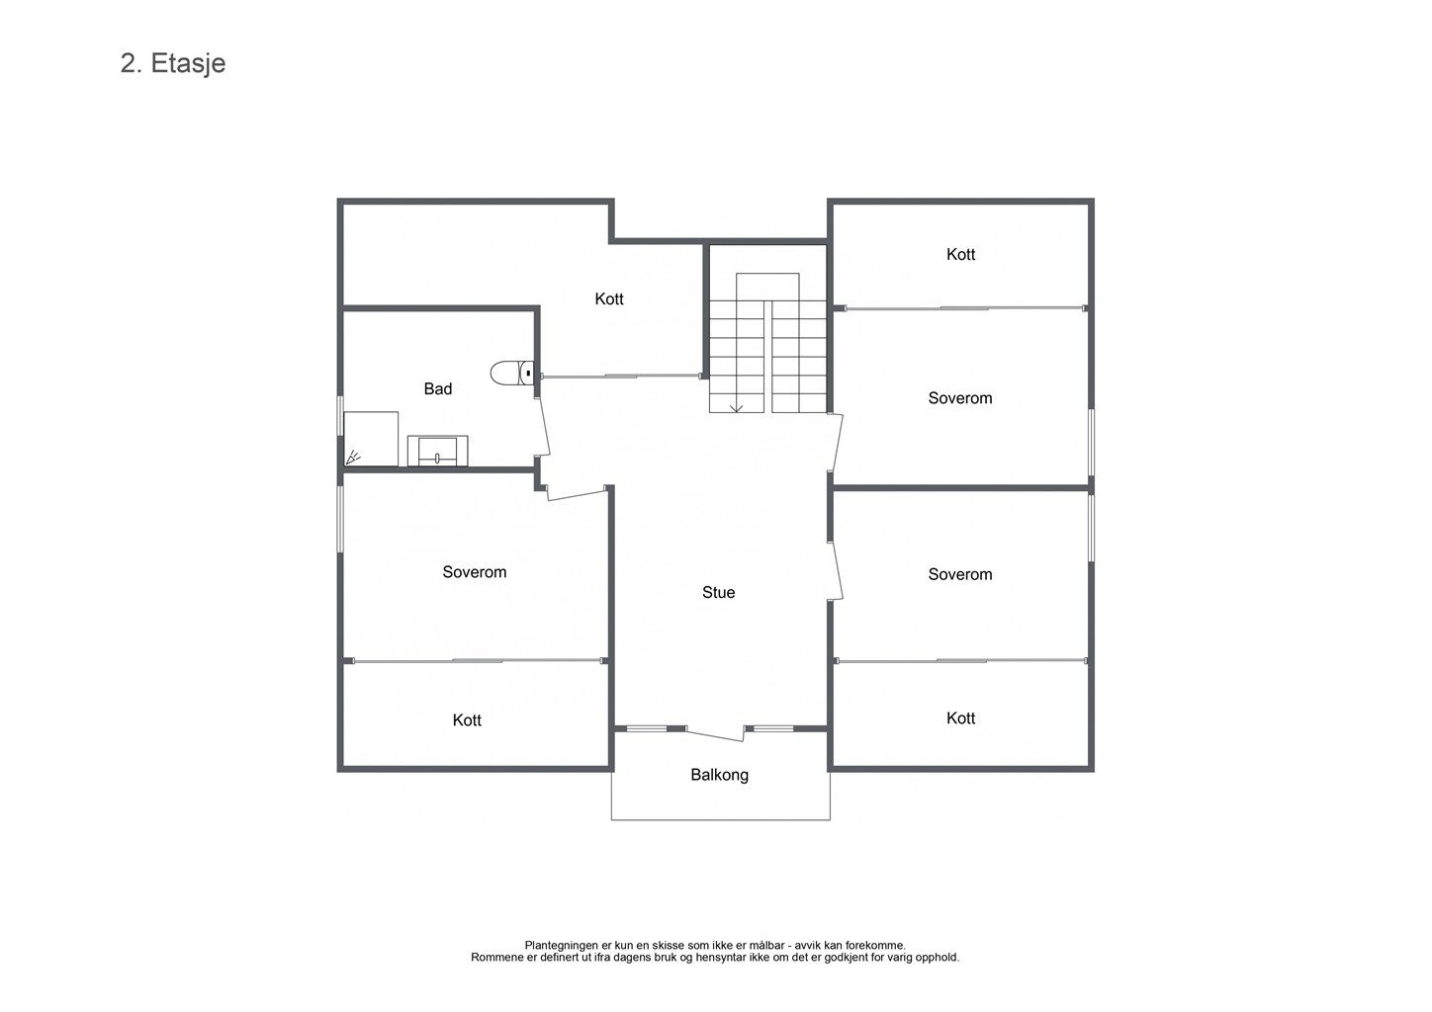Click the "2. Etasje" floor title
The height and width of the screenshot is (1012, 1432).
tap(173, 64)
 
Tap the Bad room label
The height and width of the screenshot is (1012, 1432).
tap(438, 388)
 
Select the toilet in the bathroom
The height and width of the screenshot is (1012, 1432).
tap(512, 373)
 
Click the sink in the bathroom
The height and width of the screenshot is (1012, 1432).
tap(437, 451)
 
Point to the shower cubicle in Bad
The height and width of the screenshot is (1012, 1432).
tap(371, 439)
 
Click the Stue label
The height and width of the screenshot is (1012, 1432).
tap(719, 592)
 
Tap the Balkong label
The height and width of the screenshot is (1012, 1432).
tap(719, 775)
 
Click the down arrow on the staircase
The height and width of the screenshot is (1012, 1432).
tap(737, 406)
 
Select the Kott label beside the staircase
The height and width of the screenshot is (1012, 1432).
tap(609, 298)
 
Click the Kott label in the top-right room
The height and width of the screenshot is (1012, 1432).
tap(961, 254)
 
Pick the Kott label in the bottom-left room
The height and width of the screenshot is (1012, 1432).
tap(467, 720)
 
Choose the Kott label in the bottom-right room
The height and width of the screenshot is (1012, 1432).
tap(961, 718)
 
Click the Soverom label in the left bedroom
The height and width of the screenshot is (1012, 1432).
tap(475, 572)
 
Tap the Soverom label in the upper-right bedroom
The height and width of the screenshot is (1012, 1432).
tap(960, 398)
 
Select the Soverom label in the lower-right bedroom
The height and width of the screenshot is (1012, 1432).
tap(960, 574)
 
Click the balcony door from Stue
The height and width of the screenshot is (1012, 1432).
tap(715, 733)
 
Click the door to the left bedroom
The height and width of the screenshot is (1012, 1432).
tap(576, 493)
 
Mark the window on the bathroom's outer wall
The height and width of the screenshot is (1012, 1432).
tap(340, 416)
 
